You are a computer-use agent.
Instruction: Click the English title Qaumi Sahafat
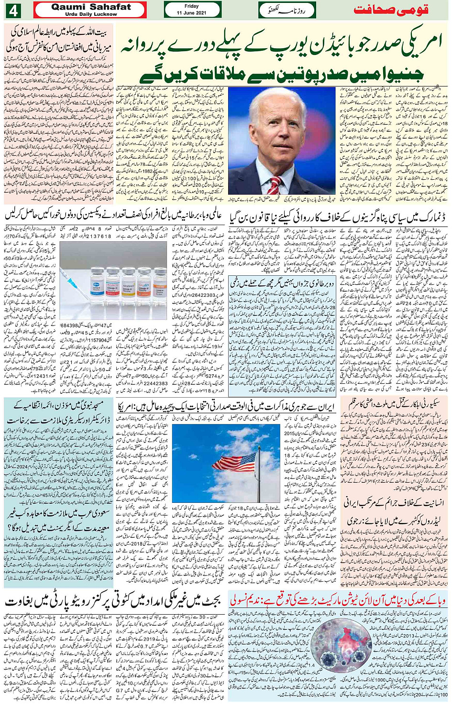[x=90, y=7]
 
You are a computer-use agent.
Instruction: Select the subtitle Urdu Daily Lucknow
[x=90, y=14]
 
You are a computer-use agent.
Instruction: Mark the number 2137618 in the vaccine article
[x=99, y=236]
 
